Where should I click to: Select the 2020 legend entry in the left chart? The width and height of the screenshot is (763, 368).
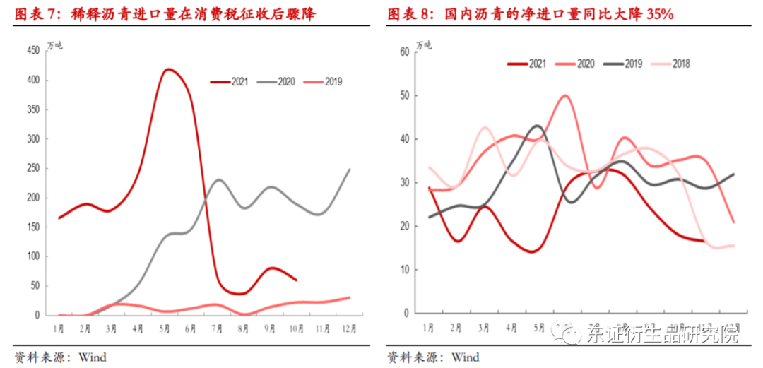(276, 82)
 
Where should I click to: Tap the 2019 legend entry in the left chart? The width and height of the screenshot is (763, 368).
(323, 82)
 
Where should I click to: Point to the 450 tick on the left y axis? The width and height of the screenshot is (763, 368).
(33, 51)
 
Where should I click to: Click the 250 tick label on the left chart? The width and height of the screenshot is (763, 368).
(33, 168)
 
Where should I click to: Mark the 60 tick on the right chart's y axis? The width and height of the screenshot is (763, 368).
(405, 52)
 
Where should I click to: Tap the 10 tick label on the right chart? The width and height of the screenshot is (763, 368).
(405, 270)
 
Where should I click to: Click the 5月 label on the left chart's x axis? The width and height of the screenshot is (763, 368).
(165, 328)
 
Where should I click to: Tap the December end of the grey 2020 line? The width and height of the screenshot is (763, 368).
(350, 170)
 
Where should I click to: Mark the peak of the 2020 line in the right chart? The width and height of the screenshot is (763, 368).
(566, 95)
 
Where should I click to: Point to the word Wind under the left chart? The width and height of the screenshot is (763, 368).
(93, 357)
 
